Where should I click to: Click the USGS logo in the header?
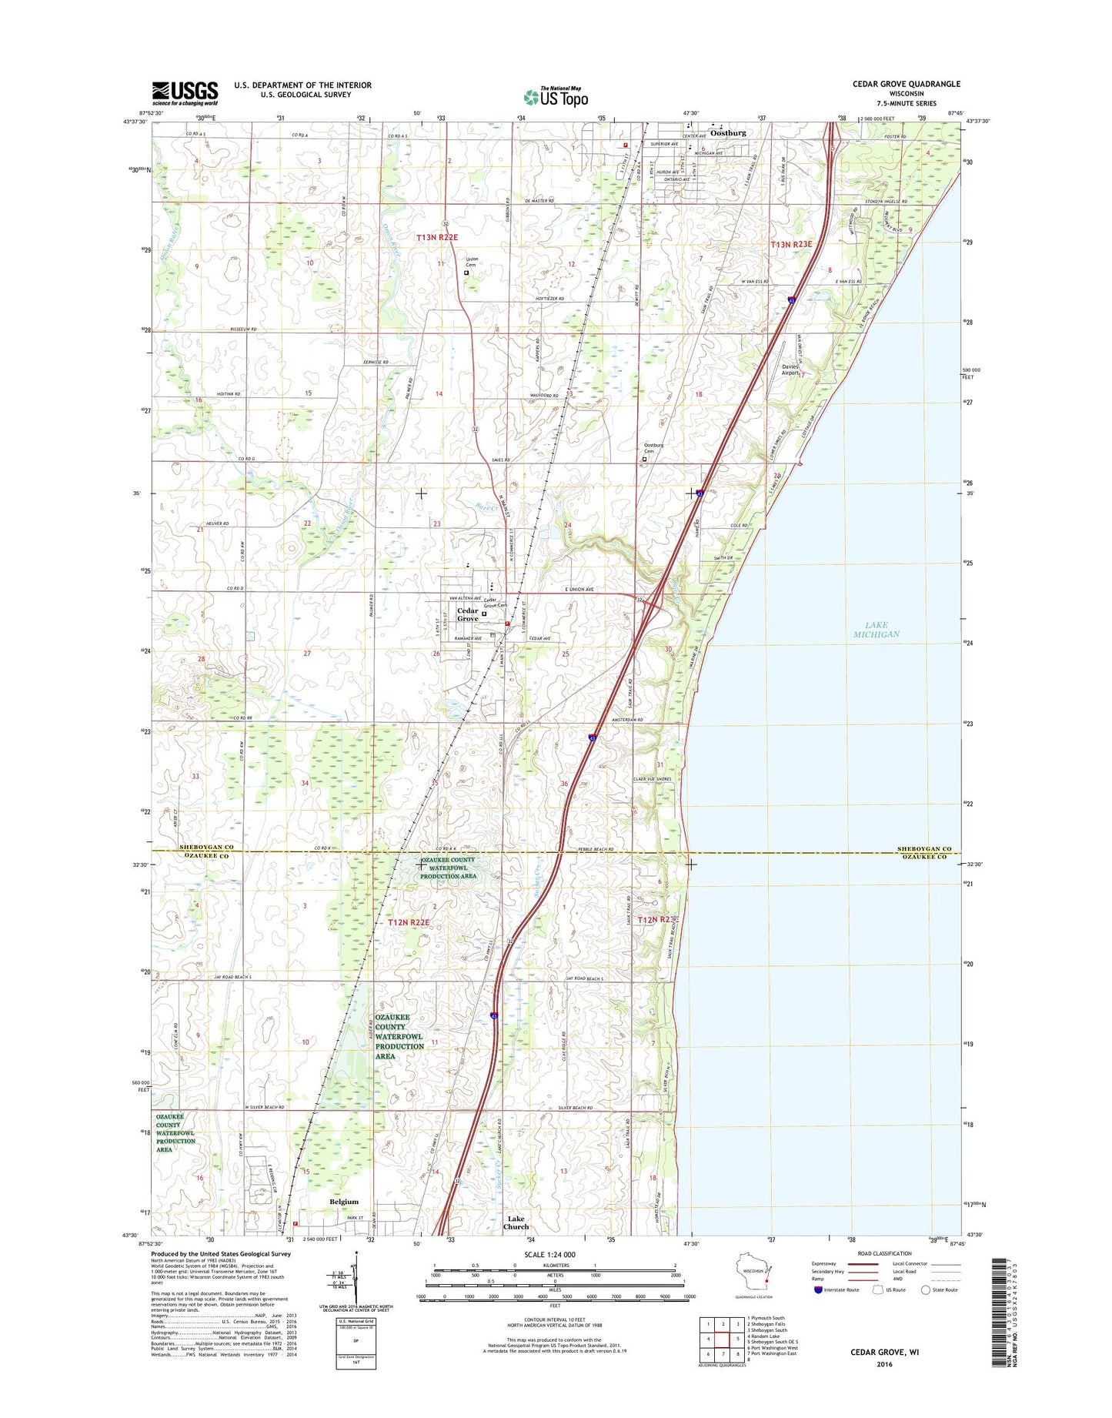tap(185, 92)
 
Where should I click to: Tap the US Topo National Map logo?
tap(556, 97)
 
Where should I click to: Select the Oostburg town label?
tap(728, 132)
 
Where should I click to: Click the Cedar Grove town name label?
tap(467, 614)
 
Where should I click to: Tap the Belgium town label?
tap(344, 1202)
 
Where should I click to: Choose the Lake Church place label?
tap(516, 1222)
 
